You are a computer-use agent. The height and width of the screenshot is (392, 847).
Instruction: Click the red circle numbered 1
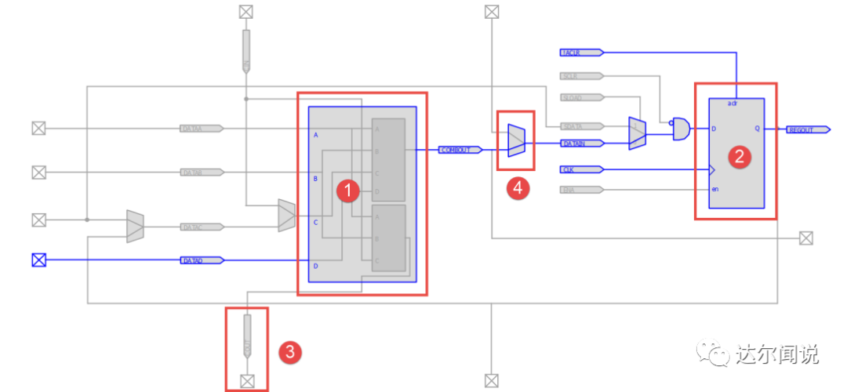coord(347,190)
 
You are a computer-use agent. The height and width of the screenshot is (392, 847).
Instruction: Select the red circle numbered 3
coord(289,352)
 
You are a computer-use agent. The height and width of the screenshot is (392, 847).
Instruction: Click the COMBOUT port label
coord(460,149)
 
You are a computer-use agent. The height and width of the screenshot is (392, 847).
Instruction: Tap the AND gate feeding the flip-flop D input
coord(681,129)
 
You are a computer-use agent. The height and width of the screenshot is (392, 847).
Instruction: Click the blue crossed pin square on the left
coord(38,260)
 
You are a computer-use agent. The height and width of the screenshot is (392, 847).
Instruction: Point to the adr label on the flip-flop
coord(732,103)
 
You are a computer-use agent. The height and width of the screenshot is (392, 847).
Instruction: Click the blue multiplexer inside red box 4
coord(516,140)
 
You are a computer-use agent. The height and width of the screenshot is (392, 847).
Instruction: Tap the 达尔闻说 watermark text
coord(776,354)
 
